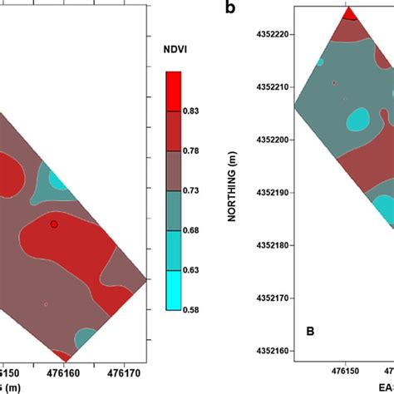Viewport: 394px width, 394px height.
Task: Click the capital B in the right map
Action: coord(310,332)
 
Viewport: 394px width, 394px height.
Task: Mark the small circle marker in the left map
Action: coord(54,224)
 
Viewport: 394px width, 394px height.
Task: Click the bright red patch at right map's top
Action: coord(350,13)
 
